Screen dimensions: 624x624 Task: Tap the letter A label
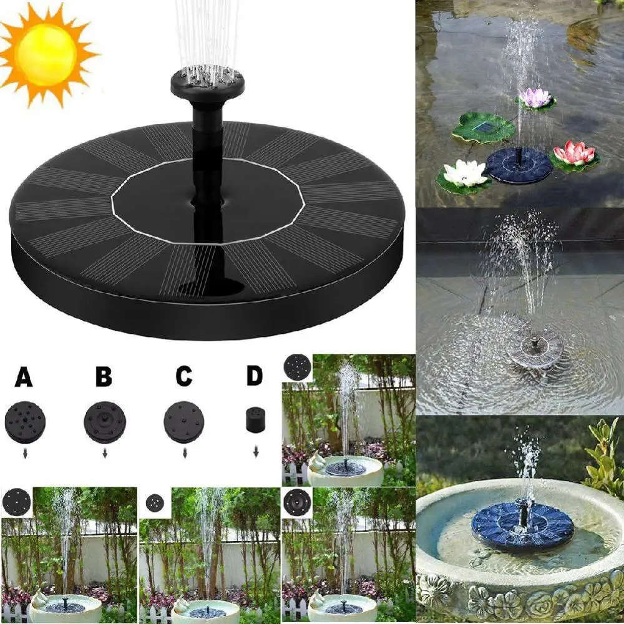point(24,378)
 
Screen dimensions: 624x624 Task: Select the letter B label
point(104,378)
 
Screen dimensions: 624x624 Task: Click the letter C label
point(183,378)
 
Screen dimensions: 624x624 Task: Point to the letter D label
point(255,378)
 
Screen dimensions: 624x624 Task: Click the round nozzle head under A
point(24,422)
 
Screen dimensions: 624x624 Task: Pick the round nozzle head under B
point(104,422)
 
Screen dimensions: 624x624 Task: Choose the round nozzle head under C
point(183,422)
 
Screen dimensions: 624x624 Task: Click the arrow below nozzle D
point(255,452)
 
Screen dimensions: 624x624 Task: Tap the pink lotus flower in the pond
point(575,154)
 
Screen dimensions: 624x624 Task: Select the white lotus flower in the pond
point(465,173)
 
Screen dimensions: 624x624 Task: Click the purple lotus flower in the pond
point(535,98)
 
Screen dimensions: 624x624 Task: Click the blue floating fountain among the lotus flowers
point(518,164)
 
